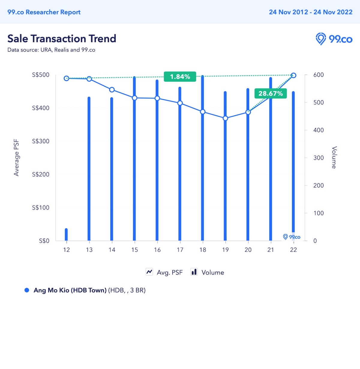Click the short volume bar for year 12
(66, 235)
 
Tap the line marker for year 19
(226, 118)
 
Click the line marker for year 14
(112, 90)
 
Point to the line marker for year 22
(294, 75)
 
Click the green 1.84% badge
(180, 77)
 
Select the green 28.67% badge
(271, 94)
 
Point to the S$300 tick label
(41, 141)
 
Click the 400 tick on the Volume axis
(318, 130)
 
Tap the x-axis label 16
(157, 250)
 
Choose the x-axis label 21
(271, 250)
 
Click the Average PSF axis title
(16, 157)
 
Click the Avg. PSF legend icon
(149, 272)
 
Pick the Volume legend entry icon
(194, 272)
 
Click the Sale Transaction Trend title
(62, 39)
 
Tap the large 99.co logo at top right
(334, 39)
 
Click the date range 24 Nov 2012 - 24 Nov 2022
(310, 12)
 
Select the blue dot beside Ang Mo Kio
(27, 290)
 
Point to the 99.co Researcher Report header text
(44, 12)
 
